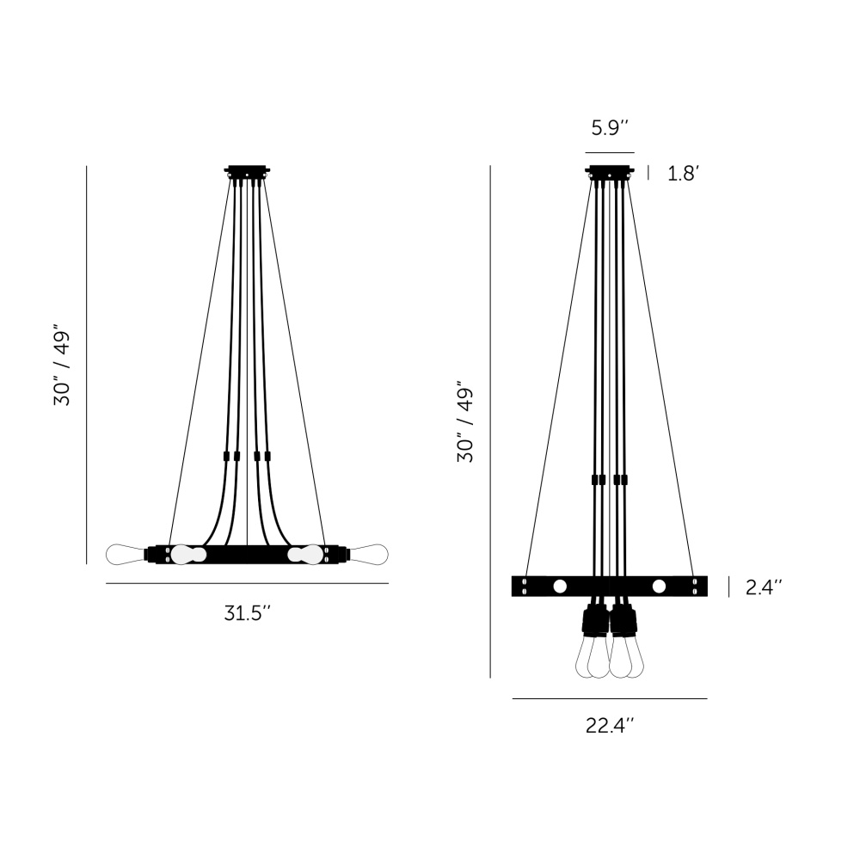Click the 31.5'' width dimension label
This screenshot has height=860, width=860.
click(248, 612)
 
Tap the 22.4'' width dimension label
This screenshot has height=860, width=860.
click(610, 726)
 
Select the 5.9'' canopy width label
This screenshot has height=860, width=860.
click(610, 128)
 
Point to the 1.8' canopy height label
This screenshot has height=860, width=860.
click(682, 174)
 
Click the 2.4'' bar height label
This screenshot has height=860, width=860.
click(764, 587)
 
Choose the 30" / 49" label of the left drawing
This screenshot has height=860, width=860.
click(62, 368)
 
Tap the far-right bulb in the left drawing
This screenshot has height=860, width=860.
click(368, 555)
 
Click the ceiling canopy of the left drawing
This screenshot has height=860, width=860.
click(248, 171)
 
